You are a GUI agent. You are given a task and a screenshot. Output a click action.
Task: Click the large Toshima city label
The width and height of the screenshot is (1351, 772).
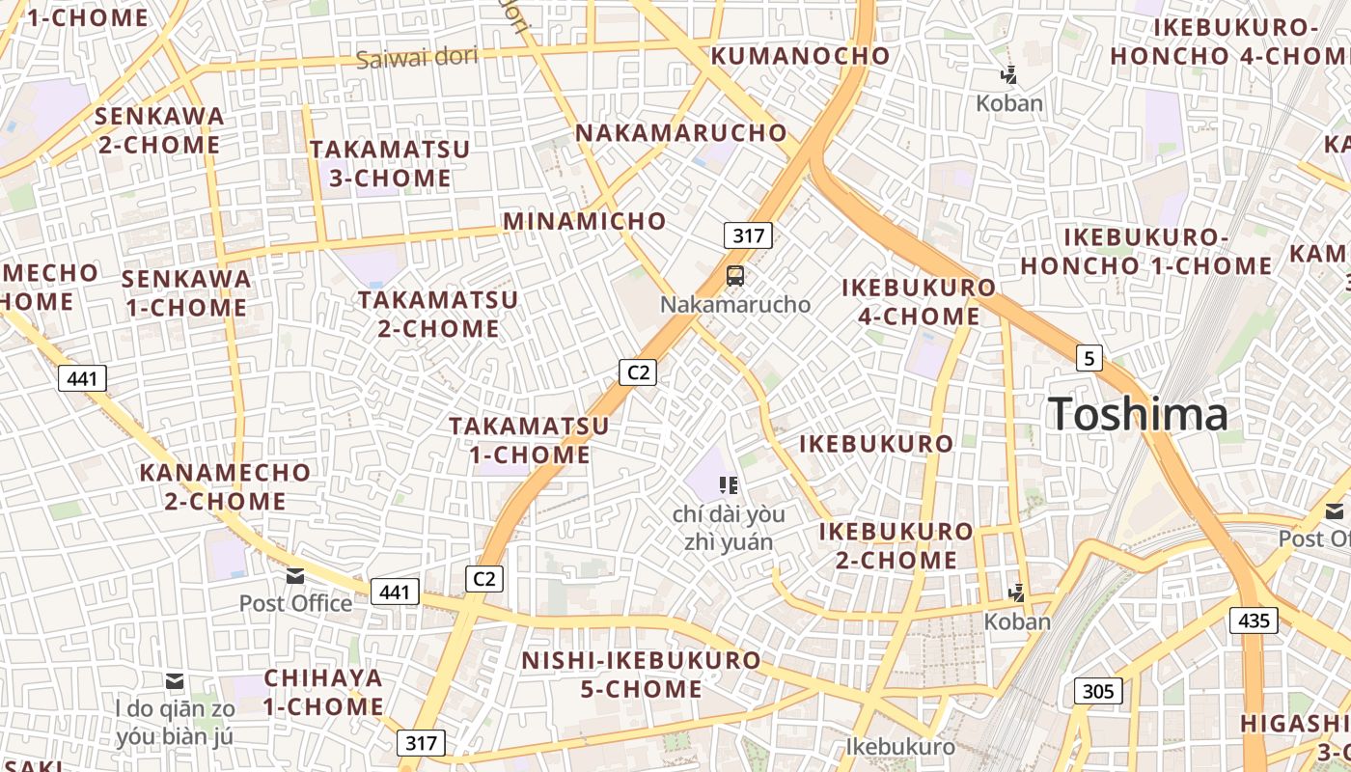pyautogui.click(x=1138, y=414)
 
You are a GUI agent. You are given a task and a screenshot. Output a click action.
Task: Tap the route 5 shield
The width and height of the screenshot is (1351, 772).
pyautogui.click(x=1089, y=359)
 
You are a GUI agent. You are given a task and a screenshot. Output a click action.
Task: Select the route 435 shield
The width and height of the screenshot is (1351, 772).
pyautogui.click(x=1254, y=620)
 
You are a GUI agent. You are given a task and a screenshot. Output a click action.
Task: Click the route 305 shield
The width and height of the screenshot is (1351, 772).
pyautogui.click(x=1098, y=691)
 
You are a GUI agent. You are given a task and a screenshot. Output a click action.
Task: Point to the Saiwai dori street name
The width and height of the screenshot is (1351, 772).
pyautogui.click(x=417, y=58)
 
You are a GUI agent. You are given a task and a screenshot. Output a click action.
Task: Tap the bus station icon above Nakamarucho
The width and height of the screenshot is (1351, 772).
pyautogui.click(x=735, y=276)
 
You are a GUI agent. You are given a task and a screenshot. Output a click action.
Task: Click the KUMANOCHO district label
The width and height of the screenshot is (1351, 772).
pyautogui.click(x=800, y=56)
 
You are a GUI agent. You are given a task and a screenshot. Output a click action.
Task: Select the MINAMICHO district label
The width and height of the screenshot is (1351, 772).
pyautogui.click(x=585, y=221)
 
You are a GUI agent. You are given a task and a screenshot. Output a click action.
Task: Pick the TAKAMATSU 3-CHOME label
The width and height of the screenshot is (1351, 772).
pyautogui.click(x=390, y=164)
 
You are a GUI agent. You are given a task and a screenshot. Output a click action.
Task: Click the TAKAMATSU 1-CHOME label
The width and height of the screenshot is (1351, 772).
pyautogui.click(x=529, y=440)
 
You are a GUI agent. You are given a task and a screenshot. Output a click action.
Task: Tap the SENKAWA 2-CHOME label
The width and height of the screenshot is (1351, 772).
pyautogui.click(x=159, y=130)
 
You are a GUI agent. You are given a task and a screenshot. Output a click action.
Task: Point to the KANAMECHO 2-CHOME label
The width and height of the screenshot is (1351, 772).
pyautogui.click(x=225, y=487)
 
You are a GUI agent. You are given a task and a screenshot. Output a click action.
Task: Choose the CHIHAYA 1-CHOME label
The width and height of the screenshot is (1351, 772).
pyautogui.click(x=323, y=692)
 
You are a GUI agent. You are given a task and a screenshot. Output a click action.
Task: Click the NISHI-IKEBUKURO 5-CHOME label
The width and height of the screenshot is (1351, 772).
pyautogui.click(x=641, y=675)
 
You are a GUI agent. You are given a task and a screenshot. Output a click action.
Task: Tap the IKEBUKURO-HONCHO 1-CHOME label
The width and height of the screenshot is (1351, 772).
pyautogui.click(x=1146, y=252)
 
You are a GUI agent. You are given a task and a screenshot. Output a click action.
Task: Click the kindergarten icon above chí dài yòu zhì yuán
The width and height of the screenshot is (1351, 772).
pyautogui.click(x=729, y=485)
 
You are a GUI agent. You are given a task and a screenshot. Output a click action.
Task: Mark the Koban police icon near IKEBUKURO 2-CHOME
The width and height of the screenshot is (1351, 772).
pyautogui.click(x=1016, y=592)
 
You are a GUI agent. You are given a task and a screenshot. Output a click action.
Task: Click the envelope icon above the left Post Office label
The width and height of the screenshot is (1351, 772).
pyautogui.click(x=295, y=576)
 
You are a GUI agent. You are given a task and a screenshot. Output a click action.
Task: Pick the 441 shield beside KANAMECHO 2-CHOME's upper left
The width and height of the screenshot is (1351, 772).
pyautogui.click(x=82, y=378)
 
